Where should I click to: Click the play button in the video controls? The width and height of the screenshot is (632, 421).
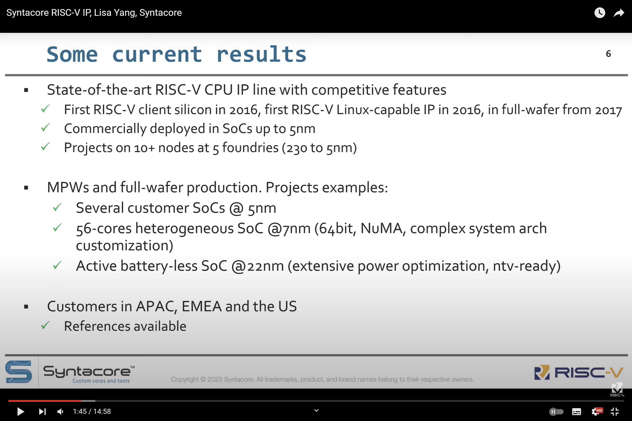20,411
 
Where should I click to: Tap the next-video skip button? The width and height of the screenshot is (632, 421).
42,411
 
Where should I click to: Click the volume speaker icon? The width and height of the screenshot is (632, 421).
60,411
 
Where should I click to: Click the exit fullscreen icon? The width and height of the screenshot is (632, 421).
615,411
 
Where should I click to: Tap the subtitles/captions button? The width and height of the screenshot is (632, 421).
577,411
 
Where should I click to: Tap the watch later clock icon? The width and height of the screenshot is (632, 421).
600,13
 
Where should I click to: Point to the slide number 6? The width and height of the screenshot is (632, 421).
609,54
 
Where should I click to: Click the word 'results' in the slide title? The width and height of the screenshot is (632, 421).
261,54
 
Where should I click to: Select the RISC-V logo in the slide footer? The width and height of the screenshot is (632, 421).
579,372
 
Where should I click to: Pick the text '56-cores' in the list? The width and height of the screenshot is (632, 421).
104,228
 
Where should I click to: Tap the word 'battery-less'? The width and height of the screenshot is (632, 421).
159,266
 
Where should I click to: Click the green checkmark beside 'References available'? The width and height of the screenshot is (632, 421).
45,325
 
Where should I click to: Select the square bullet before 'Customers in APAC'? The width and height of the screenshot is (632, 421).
26,307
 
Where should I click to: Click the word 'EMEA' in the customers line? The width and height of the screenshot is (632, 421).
202,306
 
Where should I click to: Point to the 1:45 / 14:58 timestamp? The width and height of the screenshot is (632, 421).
92,411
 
